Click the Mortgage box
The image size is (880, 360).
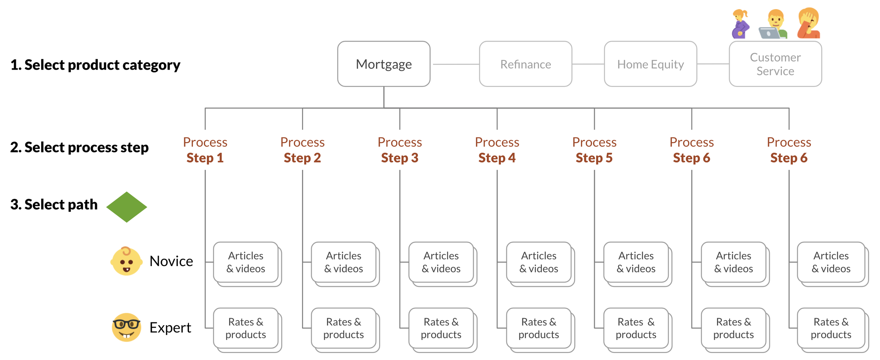pyautogui.click(x=384, y=64)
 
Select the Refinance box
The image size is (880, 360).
pyautogui.click(x=526, y=64)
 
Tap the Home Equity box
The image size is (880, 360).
pyautogui.click(x=650, y=64)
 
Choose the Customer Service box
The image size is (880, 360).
pyautogui.click(x=775, y=64)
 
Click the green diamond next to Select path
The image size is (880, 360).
pyautogui.click(x=127, y=207)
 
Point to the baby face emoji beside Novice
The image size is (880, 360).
pyautogui.click(x=126, y=261)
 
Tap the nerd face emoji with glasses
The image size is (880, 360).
pyautogui.click(x=126, y=327)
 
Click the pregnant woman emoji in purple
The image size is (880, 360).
pyautogui.click(x=741, y=24)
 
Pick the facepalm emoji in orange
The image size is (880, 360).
pyautogui.click(x=809, y=23)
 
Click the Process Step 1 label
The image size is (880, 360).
pyautogui.click(x=205, y=150)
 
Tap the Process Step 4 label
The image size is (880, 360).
pyautogui.click(x=497, y=150)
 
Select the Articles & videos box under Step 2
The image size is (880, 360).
pyautogui.click(x=344, y=262)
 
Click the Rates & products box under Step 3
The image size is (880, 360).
pyautogui.click(x=441, y=328)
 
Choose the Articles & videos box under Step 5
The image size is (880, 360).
pyautogui.click(x=636, y=262)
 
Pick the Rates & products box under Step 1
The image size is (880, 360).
pyautogui.click(x=246, y=328)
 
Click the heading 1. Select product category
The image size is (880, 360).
pyautogui.click(x=95, y=65)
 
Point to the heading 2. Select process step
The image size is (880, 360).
pyautogui.click(x=80, y=147)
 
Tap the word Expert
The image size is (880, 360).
pyautogui.click(x=170, y=328)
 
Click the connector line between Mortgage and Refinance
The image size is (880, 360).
pyautogui.click(x=455, y=64)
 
